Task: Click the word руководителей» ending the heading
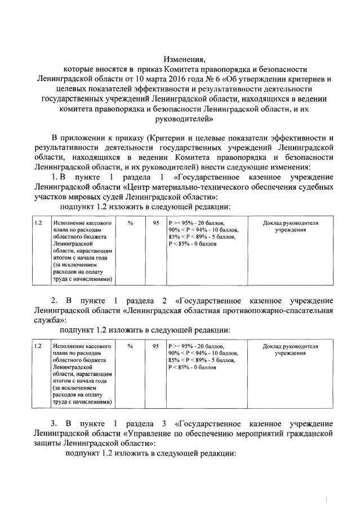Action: [181, 119]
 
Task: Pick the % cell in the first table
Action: [131, 224]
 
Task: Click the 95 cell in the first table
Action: [155, 224]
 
